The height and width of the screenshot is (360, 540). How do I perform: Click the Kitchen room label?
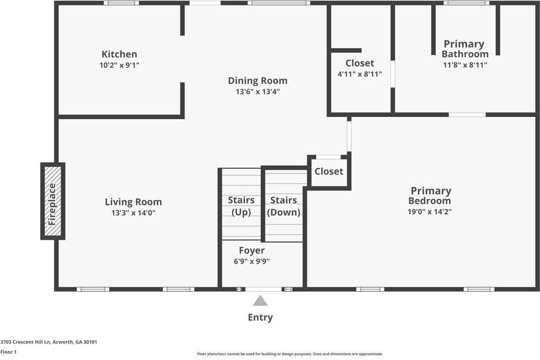coord(119,55)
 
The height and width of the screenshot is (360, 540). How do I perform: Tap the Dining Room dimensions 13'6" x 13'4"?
coord(257,92)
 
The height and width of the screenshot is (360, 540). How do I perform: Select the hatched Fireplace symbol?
coord(53,201)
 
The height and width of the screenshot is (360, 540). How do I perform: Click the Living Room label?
coord(133,202)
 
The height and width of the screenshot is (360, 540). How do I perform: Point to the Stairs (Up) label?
coord(241,205)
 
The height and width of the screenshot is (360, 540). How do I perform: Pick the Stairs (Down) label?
coord(283,205)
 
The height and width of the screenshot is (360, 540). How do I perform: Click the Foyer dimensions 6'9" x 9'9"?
coord(251,261)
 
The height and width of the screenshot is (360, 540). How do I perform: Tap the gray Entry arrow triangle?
coord(260,301)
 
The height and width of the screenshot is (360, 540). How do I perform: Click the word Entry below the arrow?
coord(260,317)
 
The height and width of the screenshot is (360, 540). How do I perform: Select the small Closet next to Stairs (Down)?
coord(328,171)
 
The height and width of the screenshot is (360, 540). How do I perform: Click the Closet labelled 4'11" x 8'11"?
coord(360,68)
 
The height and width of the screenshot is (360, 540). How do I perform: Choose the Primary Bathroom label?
coord(464,49)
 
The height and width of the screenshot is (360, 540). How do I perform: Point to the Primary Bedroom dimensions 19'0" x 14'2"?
coord(430,211)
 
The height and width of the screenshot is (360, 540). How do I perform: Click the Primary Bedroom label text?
coord(430,196)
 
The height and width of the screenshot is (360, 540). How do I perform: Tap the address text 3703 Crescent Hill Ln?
coord(49,342)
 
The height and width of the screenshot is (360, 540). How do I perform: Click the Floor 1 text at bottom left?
coord(8,352)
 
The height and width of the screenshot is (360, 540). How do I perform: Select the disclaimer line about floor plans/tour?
coord(289,354)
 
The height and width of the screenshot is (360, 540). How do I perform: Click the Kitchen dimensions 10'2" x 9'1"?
coord(119,65)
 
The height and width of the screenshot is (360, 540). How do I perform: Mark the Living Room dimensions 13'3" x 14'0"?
coord(133,213)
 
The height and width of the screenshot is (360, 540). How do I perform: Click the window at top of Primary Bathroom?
coord(466,3)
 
